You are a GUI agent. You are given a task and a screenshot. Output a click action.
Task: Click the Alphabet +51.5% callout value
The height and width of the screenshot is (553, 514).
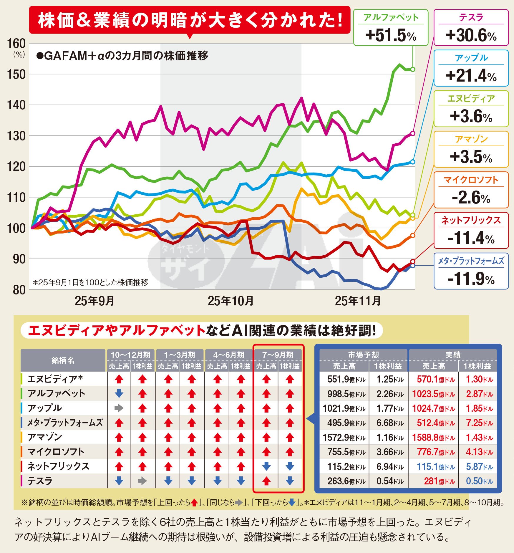390,36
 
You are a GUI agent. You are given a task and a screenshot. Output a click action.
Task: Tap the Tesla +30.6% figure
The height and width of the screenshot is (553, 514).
471,36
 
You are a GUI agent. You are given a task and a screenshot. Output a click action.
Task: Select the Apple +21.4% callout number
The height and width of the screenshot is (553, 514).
471,76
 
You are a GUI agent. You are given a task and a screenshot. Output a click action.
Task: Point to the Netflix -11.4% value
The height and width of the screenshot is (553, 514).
471,238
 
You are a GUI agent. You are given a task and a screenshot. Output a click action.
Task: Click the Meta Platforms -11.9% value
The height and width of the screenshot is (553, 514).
471,279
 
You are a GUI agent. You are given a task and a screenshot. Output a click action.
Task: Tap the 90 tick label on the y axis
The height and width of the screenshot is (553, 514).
18,259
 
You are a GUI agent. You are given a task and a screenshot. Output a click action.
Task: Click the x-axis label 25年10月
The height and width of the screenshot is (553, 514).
231,301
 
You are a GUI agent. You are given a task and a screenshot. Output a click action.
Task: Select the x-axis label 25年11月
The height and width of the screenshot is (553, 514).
358,301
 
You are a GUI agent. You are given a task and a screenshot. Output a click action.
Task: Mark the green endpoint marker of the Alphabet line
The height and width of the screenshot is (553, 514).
413,69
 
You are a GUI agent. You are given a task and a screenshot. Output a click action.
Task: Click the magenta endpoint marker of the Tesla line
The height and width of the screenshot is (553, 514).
413,133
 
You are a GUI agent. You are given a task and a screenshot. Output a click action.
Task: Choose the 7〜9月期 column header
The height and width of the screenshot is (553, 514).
278,355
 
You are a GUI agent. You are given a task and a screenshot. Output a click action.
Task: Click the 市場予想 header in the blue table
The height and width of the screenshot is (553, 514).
364,355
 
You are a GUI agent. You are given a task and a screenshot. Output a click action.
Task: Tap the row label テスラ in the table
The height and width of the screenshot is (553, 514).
40,481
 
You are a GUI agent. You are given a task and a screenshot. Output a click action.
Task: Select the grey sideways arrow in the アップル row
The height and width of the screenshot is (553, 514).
119,408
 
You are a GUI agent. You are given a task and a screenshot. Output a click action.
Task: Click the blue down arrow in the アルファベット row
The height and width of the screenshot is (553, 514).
119,393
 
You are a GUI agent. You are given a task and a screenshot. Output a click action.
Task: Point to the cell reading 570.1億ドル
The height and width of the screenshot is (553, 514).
433,379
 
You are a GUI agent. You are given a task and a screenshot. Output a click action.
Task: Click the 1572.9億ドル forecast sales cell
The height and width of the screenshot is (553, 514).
344,438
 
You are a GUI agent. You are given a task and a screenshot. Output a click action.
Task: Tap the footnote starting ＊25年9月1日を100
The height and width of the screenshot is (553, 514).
91,283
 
